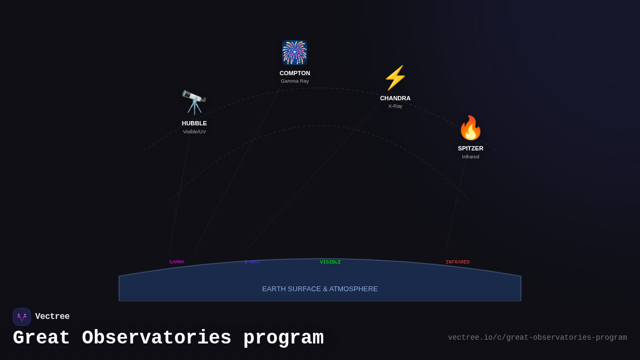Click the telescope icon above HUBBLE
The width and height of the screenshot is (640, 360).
(194, 102)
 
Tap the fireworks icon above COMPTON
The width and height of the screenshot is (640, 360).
(294, 52)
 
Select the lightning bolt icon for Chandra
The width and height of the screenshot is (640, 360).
(395, 78)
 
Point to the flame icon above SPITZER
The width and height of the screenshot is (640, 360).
(470, 128)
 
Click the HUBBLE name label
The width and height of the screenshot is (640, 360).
(194, 123)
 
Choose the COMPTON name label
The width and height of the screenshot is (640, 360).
(294, 73)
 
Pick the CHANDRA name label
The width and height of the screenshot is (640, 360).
(395, 98)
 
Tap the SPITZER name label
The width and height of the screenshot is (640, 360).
(470, 148)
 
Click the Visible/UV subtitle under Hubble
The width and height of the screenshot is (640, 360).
(194, 132)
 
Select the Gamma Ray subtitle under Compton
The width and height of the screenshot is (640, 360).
(294, 81)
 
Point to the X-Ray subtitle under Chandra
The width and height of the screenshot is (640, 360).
(395, 106)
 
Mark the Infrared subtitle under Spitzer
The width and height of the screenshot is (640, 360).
(470, 157)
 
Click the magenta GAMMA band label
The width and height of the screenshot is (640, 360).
(177, 262)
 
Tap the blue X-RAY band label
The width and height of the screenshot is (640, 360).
(252, 262)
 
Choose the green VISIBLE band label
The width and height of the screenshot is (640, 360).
(330, 262)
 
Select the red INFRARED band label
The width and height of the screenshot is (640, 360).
(458, 262)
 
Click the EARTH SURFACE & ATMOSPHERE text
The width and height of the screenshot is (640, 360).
(320, 289)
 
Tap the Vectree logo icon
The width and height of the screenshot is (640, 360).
(22, 317)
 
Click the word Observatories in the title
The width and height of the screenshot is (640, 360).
(156, 338)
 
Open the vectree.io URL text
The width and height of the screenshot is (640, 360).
(537, 338)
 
